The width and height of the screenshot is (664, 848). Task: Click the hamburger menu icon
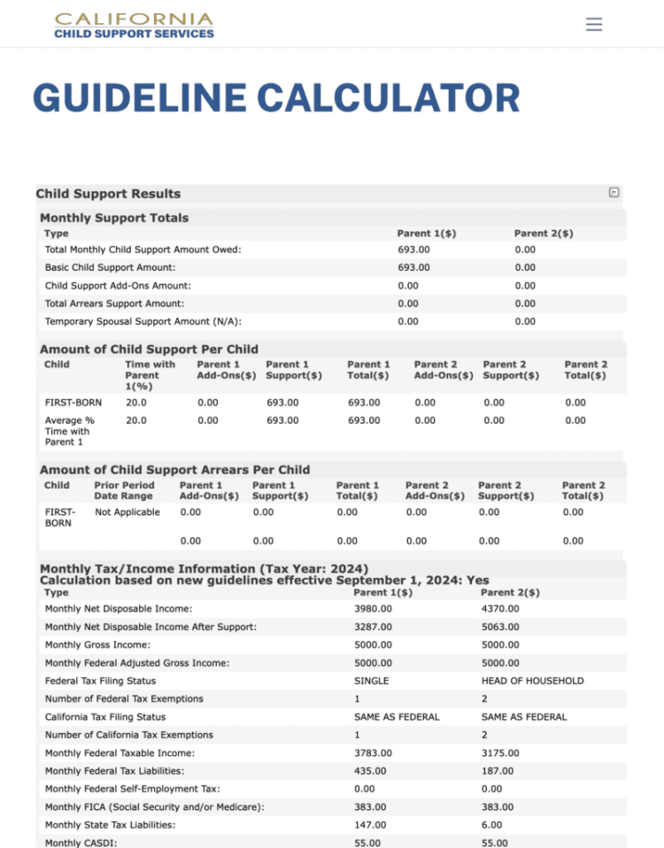coord(594,24)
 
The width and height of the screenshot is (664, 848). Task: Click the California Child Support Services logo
coord(134,26)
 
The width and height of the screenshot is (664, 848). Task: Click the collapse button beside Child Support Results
coord(614,193)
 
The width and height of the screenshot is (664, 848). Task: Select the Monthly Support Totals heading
coord(114,218)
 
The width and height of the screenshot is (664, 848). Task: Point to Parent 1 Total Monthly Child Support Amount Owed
coord(413,250)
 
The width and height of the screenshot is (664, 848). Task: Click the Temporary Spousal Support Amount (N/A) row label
coord(143,321)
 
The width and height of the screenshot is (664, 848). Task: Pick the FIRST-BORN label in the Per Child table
coord(73,403)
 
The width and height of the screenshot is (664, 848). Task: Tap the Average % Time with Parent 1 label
coord(70,431)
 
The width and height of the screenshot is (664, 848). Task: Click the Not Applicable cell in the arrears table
coord(127,512)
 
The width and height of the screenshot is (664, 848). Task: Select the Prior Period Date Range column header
coord(124,490)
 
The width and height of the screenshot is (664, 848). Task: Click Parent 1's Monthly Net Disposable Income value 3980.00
coord(373,609)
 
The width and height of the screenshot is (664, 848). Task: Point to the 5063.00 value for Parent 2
coord(500,627)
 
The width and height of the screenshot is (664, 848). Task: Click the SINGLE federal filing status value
coord(371,681)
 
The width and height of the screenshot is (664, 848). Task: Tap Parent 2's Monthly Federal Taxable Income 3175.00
coord(500,753)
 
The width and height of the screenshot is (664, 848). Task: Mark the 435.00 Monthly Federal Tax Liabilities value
coord(370,771)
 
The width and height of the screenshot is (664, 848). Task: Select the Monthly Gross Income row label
coord(97,645)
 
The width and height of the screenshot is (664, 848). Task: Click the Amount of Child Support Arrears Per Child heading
coord(174,469)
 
